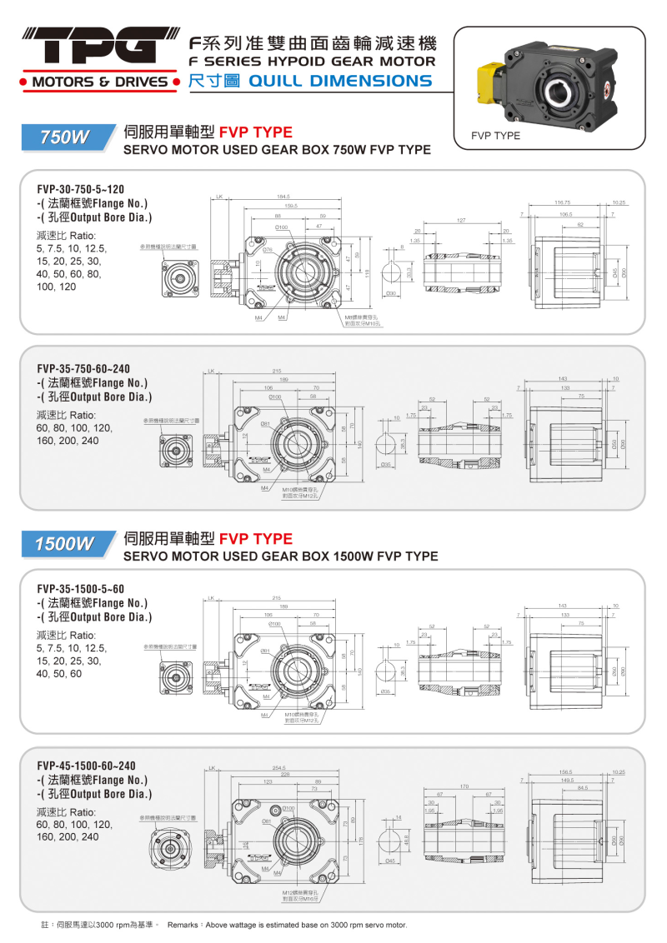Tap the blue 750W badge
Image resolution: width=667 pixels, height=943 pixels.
click(x=65, y=138)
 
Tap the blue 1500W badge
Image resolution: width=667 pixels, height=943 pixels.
click(x=65, y=544)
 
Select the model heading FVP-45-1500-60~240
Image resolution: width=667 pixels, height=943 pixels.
click(x=86, y=766)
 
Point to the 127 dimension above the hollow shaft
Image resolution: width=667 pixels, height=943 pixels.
click(x=460, y=221)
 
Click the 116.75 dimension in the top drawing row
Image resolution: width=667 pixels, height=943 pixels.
click(x=562, y=202)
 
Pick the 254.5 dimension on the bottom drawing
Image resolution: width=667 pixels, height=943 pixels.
click(x=279, y=767)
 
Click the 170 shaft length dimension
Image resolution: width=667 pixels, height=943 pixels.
click(x=464, y=786)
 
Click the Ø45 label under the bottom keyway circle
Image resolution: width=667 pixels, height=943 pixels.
click(x=389, y=861)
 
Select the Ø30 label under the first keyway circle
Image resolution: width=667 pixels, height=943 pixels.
click(x=390, y=294)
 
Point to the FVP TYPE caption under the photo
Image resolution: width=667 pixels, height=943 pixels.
click(x=495, y=135)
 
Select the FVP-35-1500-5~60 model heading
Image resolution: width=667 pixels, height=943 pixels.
click(x=80, y=588)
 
